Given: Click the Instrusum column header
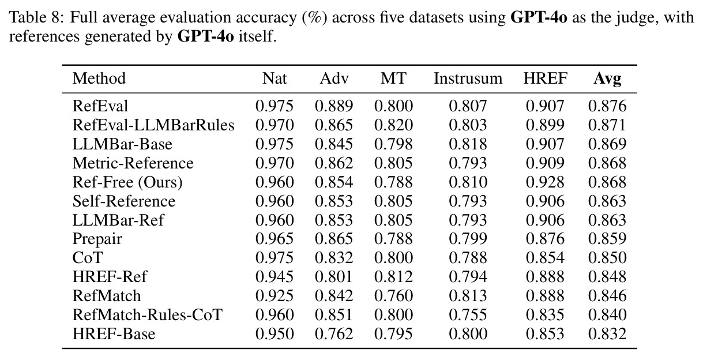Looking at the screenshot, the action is click(468, 78).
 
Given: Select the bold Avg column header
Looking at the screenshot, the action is click(607, 79).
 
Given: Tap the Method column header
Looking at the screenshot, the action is click(99, 78).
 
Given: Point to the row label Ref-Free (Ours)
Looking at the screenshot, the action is click(127, 182).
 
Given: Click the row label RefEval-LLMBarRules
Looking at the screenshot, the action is click(153, 125).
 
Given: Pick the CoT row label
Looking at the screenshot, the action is click(88, 258).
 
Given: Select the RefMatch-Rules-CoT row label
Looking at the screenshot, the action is click(148, 315).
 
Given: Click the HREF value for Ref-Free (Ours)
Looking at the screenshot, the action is click(545, 182).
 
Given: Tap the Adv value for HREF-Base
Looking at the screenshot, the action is click(334, 334).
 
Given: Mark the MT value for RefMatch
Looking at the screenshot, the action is click(393, 296).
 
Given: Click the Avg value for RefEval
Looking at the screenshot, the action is click(607, 106).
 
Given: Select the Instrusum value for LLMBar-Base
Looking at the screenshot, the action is click(468, 144).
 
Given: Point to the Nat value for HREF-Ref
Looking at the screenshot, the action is click(275, 277).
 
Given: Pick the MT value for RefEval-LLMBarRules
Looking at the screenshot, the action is click(393, 125).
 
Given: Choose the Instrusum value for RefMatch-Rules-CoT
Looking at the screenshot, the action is click(468, 315).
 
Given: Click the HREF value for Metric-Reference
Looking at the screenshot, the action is click(545, 163).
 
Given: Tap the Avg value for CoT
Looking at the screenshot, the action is click(607, 258).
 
